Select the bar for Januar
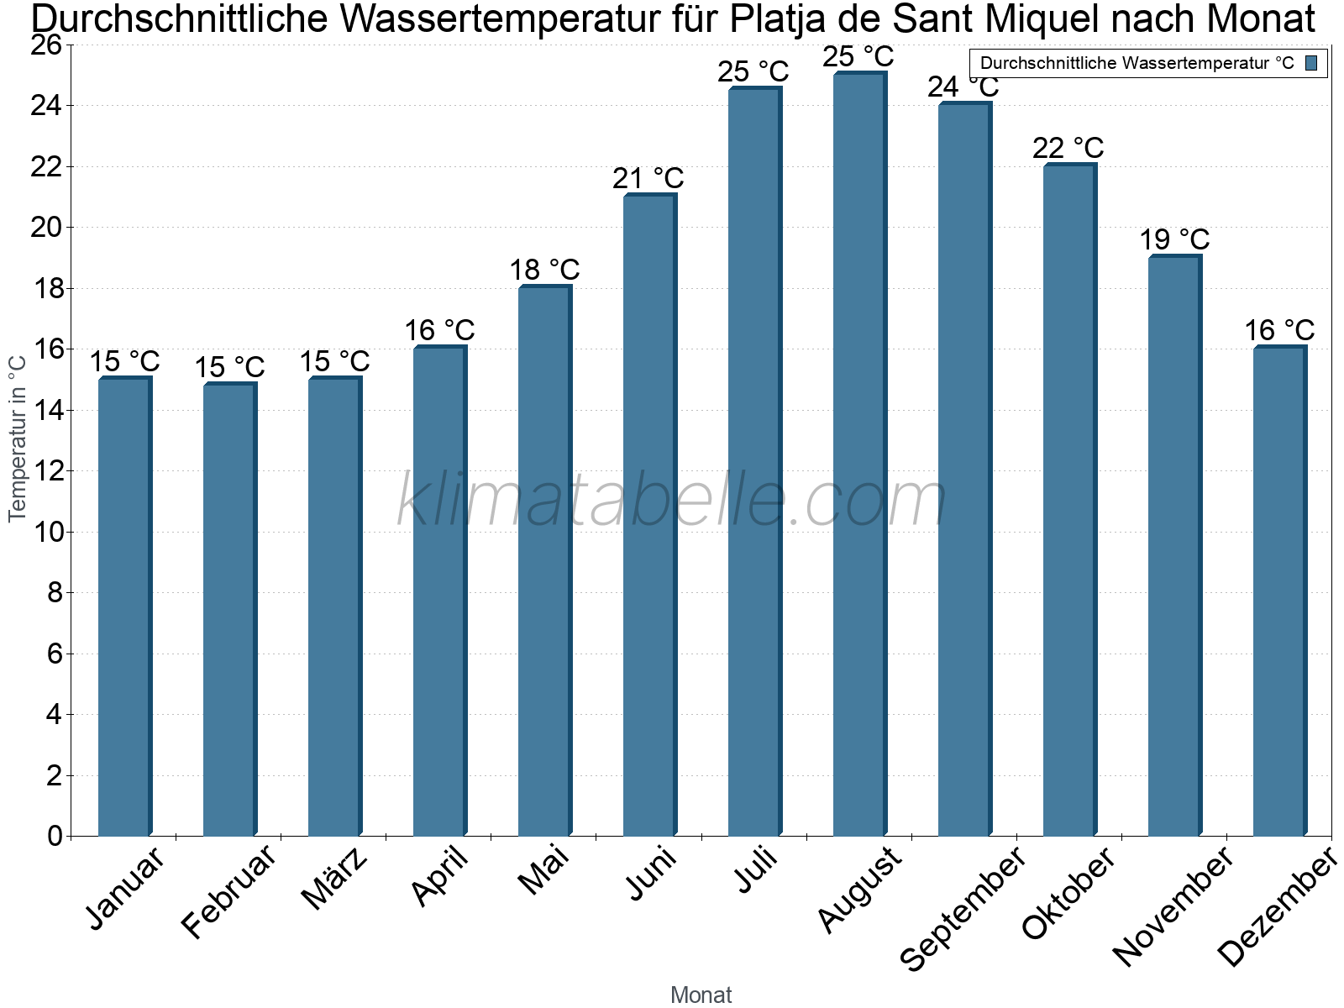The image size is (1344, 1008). pyautogui.click(x=125, y=606)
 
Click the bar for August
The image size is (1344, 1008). pyautogui.click(x=860, y=454)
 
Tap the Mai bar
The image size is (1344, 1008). pyautogui.click(x=545, y=560)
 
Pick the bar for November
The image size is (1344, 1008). pyautogui.click(x=1175, y=544)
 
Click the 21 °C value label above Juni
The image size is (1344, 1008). pyautogui.click(x=648, y=178)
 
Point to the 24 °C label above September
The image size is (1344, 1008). pyautogui.click(x=963, y=87)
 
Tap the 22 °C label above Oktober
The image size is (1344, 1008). pyautogui.click(x=1068, y=148)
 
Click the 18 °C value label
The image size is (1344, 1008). pyautogui.click(x=544, y=270)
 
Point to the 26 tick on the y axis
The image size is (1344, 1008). pyautogui.click(x=46, y=45)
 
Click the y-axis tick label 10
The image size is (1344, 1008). pyautogui.click(x=49, y=532)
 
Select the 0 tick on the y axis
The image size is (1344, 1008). pyautogui.click(x=55, y=836)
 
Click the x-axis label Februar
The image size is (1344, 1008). pyautogui.click(x=228, y=890)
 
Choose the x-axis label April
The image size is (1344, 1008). pyautogui.click(x=439, y=875)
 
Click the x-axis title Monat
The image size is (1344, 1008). pyautogui.click(x=701, y=995)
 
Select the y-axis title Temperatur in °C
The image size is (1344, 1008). pyautogui.click(x=17, y=438)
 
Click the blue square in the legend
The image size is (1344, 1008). pyautogui.click(x=1311, y=63)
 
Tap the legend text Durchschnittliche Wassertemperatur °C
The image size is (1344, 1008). pyautogui.click(x=1137, y=63)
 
